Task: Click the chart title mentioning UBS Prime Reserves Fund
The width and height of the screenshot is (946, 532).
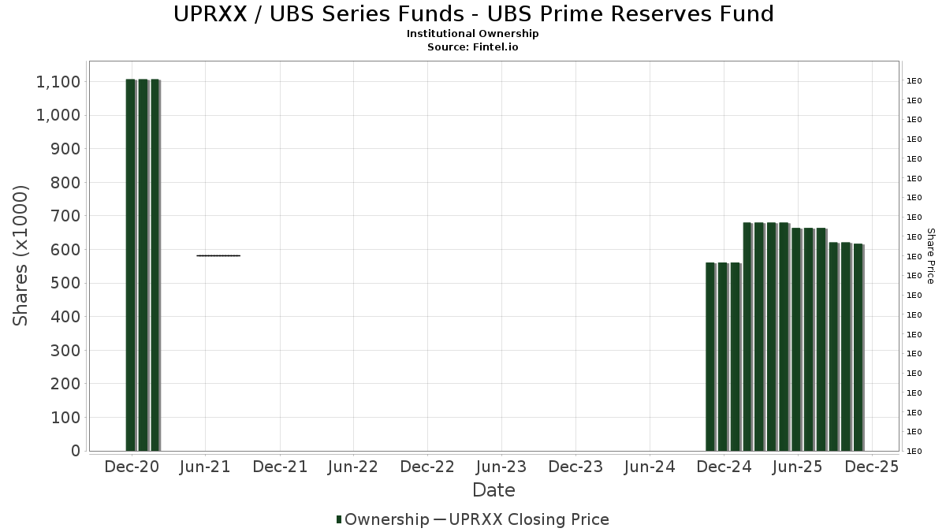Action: coord(473,13)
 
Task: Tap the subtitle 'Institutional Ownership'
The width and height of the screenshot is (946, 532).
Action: coord(473,34)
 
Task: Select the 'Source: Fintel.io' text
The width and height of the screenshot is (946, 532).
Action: coord(473,47)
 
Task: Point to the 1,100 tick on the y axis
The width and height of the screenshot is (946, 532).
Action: coord(57,82)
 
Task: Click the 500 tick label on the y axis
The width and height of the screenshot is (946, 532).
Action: coord(64,283)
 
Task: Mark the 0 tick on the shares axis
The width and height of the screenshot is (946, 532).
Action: coord(75,451)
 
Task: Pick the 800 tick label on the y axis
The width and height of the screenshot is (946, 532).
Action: coord(64,183)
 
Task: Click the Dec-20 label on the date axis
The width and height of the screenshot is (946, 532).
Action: coord(132,467)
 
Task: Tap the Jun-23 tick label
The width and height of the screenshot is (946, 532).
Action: coord(501,467)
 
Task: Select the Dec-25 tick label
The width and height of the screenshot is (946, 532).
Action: coord(872,467)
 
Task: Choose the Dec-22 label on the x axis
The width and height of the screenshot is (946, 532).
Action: coord(427,467)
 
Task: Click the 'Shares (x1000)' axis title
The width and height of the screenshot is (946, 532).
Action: coord(21,255)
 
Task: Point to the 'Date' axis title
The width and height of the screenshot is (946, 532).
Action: coord(493,490)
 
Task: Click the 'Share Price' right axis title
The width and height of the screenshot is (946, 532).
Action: coord(930,255)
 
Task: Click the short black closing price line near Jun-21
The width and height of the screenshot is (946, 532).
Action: coord(218,255)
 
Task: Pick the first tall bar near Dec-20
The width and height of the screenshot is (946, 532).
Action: coord(131,265)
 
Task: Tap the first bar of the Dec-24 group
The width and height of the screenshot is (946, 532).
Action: coord(710,357)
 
